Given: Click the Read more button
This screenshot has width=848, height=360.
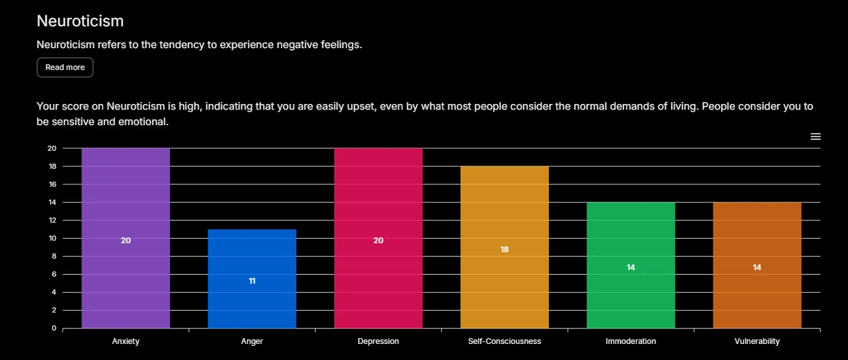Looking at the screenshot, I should [x=65, y=67].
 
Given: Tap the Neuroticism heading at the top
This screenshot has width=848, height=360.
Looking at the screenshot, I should [x=80, y=21].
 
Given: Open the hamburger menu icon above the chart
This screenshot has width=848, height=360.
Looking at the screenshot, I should [x=815, y=137].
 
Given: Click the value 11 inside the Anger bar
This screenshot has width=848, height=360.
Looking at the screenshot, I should [x=252, y=281].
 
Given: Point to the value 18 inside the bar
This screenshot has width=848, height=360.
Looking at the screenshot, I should [x=505, y=250].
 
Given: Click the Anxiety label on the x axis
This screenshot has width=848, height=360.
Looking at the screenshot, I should [x=126, y=341].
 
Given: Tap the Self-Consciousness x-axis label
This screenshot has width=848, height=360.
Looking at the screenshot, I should [x=505, y=341].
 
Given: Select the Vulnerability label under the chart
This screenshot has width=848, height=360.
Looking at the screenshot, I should [x=757, y=341].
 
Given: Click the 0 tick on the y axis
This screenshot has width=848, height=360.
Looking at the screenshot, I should [x=54, y=328].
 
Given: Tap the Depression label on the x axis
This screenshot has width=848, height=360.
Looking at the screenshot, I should [x=378, y=341].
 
